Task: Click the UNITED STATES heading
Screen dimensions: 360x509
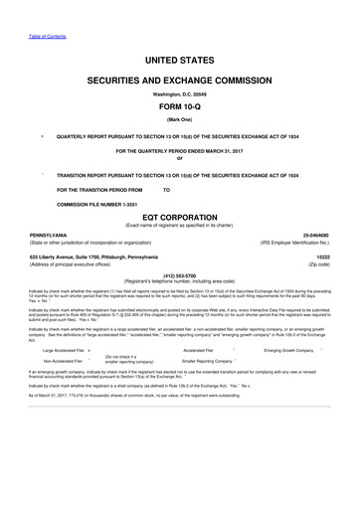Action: pos(180,62)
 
